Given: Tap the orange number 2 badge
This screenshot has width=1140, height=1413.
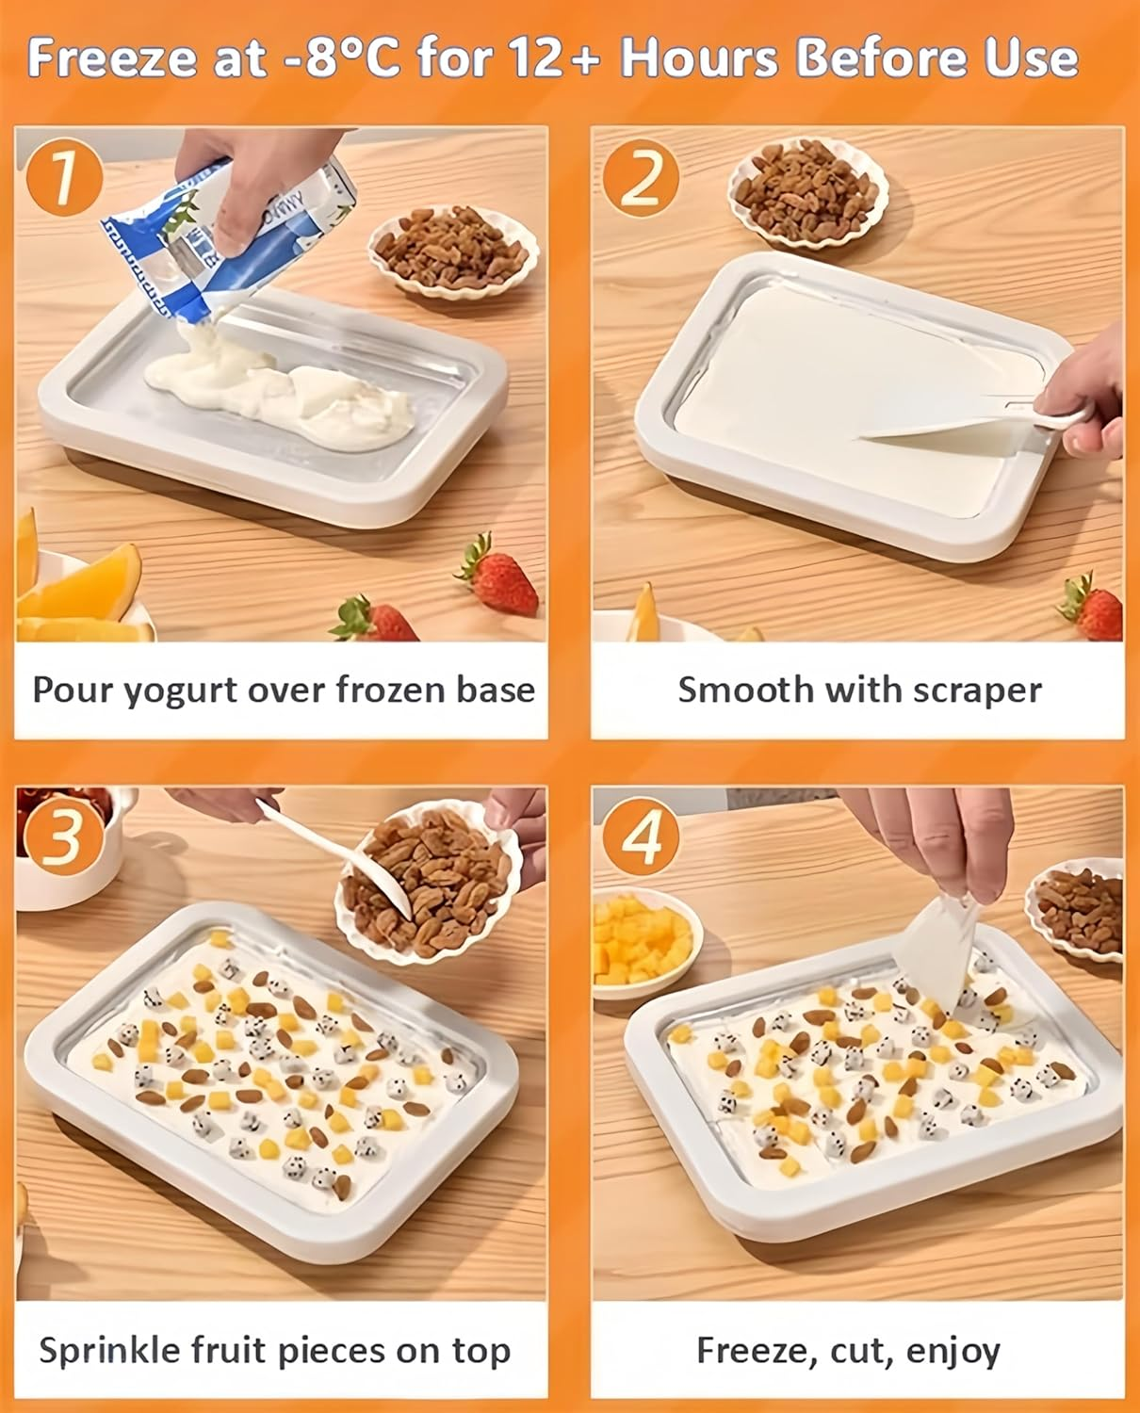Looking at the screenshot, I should pyautogui.click(x=642, y=178).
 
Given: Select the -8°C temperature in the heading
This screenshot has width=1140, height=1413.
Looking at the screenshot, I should pyautogui.click(x=340, y=58).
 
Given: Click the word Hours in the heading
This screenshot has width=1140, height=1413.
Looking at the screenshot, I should pyautogui.click(x=699, y=58).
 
